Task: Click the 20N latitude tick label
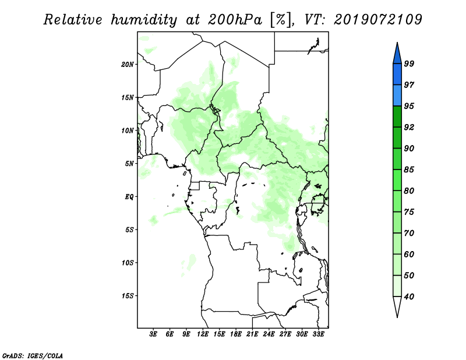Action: [x=128, y=65]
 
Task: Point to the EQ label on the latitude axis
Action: [x=129, y=197]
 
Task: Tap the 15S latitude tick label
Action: [x=128, y=296]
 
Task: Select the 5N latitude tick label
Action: [x=129, y=164]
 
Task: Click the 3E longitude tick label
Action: [x=153, y=334]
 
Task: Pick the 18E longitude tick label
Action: [x=236, y=334]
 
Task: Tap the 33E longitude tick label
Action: [x=318, y=334]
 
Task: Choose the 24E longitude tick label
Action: [x=269, y=334]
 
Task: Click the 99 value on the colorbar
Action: [x=409, y=63]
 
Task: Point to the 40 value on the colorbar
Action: [x=409, y=297]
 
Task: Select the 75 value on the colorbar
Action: [x=409, y=212]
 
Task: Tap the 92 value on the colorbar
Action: [x=409, y=127]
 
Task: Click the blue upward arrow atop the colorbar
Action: [x=397, y=54]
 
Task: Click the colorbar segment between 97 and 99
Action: [x=397, y=75]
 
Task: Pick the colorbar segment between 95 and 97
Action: [x=397, y=96]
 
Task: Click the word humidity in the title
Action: [x=144, y=20]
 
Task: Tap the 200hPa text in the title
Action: [x=235, y=20]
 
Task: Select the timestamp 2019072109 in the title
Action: [x=377, y=20]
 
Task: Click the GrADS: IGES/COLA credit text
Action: [x=33, y=356]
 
